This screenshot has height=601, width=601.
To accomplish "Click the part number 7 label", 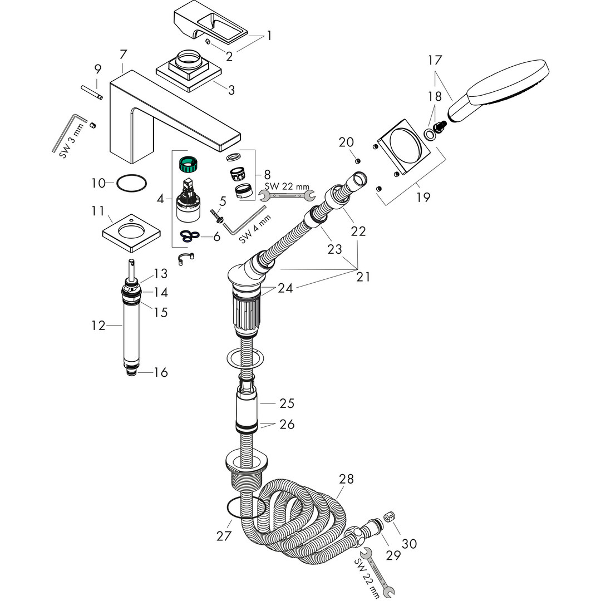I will click(123, 55).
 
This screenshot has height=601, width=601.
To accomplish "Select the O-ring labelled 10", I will click(132, 183).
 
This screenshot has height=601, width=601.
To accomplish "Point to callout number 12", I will click(98, 326).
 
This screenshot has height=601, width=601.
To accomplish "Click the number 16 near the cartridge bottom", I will click(160, 372).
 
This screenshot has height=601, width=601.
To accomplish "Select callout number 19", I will click(423, 197).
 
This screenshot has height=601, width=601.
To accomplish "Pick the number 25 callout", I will click(287, 403).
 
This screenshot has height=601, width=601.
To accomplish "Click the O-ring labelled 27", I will click(245, 508).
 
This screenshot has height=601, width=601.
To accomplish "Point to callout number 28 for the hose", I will click(346, 479).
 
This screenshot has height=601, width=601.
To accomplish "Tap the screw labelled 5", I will click(215, 214).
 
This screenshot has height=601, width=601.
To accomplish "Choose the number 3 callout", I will click(231, 90).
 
